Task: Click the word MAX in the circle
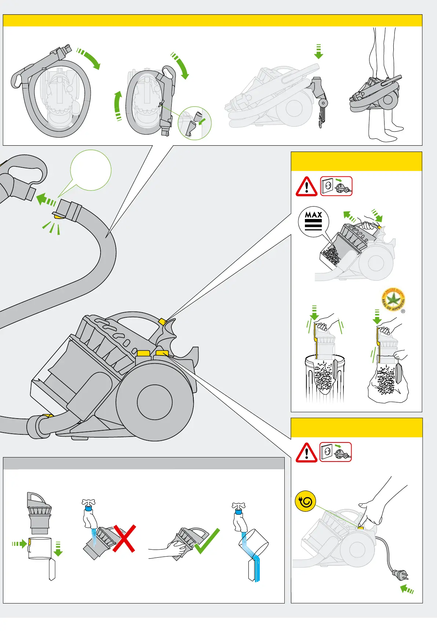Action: pos(313,215)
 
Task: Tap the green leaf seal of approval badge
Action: pos(393,299)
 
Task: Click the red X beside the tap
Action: pos(124,538)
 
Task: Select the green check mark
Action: pos(207,541)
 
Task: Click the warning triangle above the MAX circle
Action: pos(306,187)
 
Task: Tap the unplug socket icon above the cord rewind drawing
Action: pos(335,452)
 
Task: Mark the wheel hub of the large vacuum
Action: pos(154,402)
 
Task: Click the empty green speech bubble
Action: pos(91,170)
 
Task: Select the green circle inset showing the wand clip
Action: pos(194,123)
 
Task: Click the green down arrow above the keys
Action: pos(318,52)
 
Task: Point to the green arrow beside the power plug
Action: pos(407,589)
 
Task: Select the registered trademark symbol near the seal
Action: pos(403,311)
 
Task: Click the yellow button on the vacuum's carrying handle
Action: pos(162,322)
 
